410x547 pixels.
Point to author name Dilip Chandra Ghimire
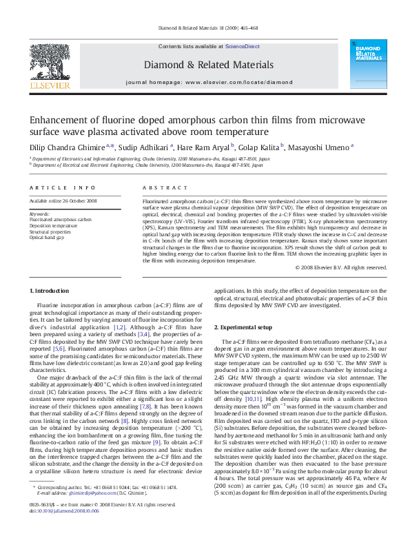click(67, 147)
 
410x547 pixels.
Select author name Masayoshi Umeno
click(323, 147)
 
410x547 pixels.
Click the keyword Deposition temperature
click(54, 225)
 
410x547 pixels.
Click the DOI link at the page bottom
click(68, 530)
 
